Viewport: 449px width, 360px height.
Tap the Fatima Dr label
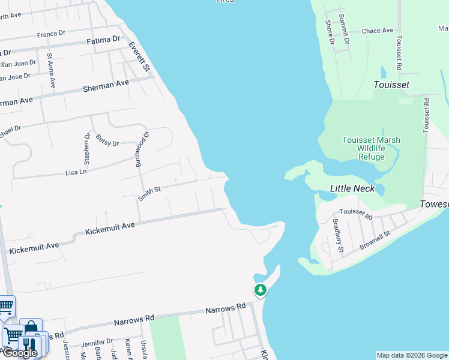103,40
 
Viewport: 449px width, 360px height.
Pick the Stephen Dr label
87,148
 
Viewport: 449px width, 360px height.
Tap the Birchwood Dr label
142,149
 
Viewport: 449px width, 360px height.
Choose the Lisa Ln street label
76,172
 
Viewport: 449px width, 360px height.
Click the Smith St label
149,193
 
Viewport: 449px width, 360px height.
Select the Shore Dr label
330,32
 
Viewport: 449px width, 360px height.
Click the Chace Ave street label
378,31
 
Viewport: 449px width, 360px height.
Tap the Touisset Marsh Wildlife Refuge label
370,148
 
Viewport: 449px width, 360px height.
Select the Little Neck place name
352,188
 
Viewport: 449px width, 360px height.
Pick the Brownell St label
375,238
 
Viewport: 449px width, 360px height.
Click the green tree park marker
260,290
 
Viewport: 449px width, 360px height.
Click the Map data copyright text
411,355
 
